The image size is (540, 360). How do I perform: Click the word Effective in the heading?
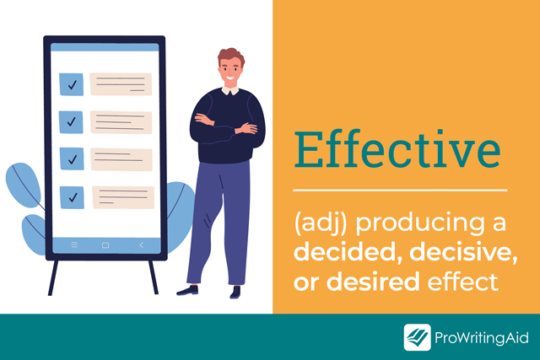[x=397, y=149]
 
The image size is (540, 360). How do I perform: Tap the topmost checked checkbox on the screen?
[x=71, y=84]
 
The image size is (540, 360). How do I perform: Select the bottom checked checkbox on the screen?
[x=72, y=197]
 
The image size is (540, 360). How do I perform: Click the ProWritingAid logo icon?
[x=418, y=337]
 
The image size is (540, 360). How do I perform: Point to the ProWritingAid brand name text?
[x=482, y=337]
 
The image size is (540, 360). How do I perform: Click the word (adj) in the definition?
[x=321, y=223]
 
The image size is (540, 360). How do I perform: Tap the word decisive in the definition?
[x=463, y=253]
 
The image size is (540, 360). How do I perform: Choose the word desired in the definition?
[x=373, y=282]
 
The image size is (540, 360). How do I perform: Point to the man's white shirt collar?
[x=230, y=91]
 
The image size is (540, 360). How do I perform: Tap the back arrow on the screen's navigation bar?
[x=141, y=245]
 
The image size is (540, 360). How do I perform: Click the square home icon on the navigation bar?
[x=105, y=245]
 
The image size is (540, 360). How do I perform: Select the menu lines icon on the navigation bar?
[x=74, y=244]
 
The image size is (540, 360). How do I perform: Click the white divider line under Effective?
[x=400, y=190]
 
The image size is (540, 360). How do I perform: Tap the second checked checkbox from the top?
[x=71, y=122]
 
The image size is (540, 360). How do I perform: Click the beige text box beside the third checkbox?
[x=121, y=159]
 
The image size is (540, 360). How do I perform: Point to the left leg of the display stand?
[x=53, y=277]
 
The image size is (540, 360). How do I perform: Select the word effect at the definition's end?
[x=463, y=282]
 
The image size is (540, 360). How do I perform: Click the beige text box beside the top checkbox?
[x=121, y=84]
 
